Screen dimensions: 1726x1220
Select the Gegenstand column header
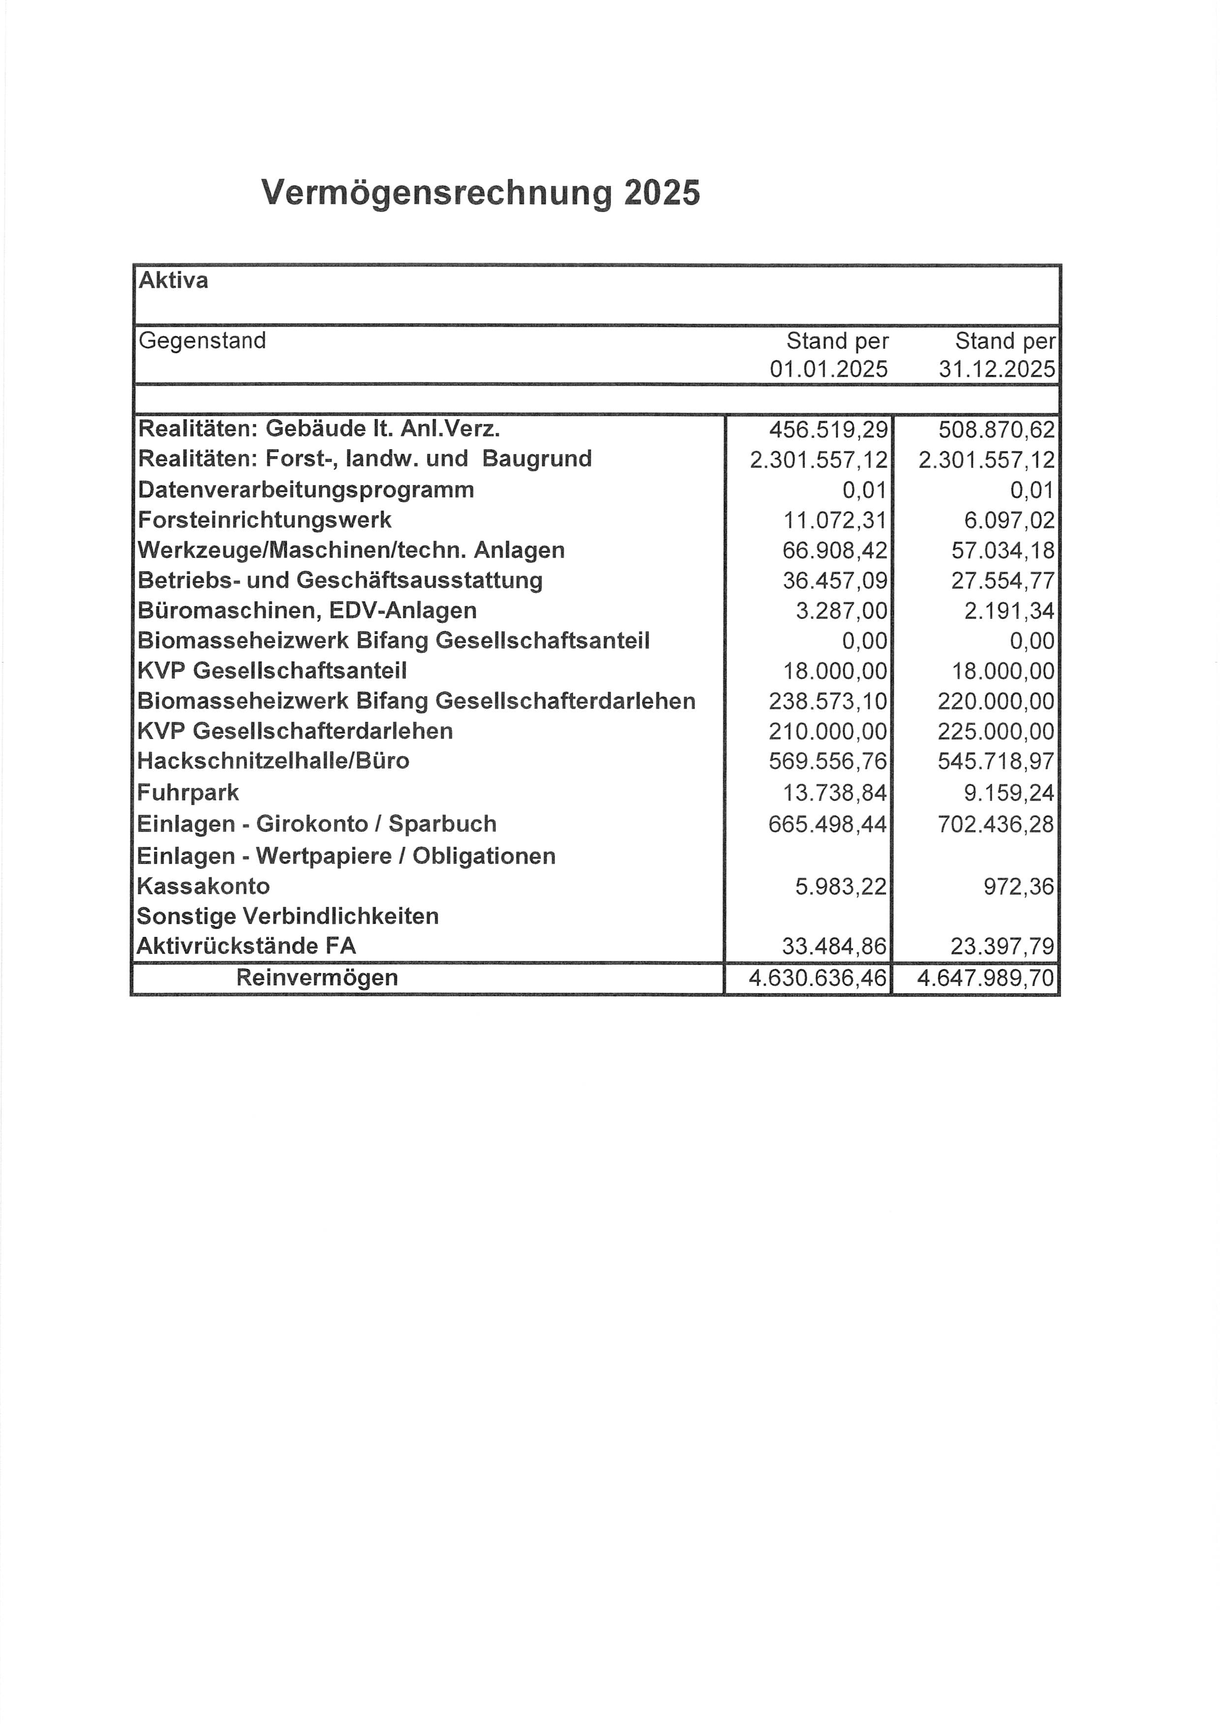click(202, 340)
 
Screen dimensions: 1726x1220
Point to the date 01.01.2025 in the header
click(828, 369)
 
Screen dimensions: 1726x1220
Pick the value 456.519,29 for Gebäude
click(828, 430)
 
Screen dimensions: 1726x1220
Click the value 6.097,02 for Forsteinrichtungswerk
click(1009, 520)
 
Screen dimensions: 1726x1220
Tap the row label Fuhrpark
click(188, 792)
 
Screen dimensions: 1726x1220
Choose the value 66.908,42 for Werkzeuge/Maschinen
click(834, 550)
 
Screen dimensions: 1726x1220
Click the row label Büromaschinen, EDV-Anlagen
click(306, 611)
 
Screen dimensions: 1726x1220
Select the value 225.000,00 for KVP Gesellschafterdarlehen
click(996, 732)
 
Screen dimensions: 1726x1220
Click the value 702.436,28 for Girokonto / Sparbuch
click(996, 825)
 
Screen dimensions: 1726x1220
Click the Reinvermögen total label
click(316, 978)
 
